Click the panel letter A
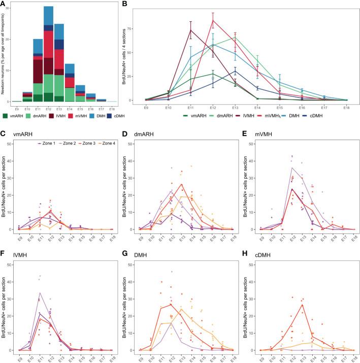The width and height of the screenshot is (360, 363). pyautogui.click(x=4, y=4)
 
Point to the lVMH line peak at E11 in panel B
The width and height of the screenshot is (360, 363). pyautogui.click(x=190, y=30)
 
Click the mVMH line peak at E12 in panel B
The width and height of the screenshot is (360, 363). pyautogui.click(x=213, y=20)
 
